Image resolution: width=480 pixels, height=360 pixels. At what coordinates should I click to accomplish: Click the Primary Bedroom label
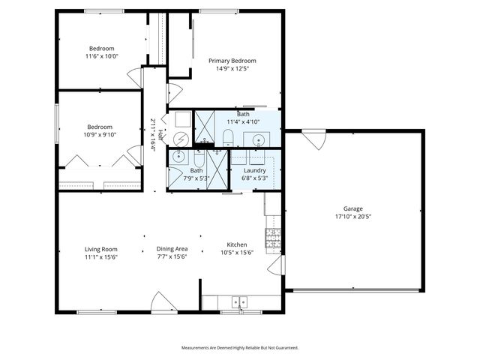click(232, 61)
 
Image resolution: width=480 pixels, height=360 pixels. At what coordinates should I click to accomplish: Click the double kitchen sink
click(239, 302)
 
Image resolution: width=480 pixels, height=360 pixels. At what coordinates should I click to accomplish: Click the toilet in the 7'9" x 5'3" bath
click(199, 159)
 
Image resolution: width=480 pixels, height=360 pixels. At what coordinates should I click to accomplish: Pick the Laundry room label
click(255, 171)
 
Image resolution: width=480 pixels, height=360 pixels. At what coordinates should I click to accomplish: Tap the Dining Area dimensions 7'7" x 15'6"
click(172, 256)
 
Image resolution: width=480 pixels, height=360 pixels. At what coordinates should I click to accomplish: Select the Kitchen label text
click(238, 245)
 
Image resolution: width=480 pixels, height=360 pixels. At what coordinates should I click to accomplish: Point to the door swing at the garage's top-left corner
click(314, 139)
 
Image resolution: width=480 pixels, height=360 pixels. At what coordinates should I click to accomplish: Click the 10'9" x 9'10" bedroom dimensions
click(100, 135)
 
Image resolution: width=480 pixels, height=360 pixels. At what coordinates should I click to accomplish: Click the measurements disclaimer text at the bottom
click(240, 348)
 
